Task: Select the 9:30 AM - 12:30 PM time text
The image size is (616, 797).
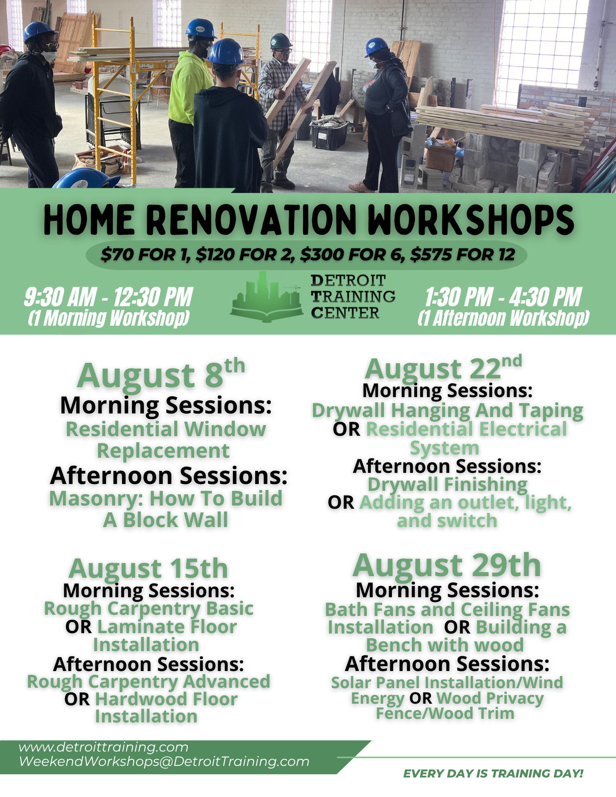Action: (108, 297)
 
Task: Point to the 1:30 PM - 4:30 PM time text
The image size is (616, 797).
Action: (503, 297)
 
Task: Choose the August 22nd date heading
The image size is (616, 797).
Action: (443, 368)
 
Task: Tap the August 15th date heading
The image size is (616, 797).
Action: (148, 569)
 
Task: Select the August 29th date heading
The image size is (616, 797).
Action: (447, 565)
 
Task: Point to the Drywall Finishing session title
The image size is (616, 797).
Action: (447, 485)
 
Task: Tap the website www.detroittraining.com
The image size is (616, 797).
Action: (103, 747)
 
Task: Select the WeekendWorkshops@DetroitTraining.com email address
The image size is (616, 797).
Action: (164, 761)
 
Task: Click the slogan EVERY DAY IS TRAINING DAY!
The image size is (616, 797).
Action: (493, 773)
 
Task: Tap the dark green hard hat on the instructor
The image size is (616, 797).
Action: (281, 41)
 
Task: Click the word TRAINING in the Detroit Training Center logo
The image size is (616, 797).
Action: (353, 297)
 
